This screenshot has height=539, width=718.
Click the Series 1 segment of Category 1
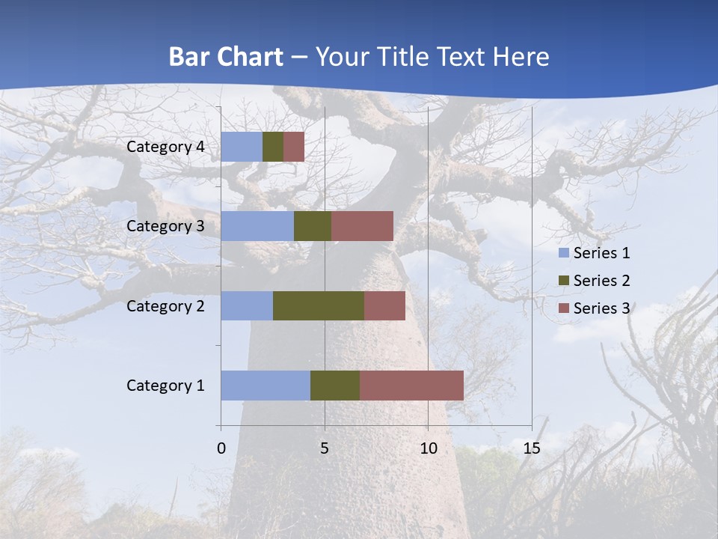click(x=266, y=386)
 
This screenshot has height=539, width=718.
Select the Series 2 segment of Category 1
click(x=335, y=386)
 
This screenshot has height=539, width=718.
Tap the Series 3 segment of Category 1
click(x=411, y=386)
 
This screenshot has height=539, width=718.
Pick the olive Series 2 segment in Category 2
click(x=319, y=305)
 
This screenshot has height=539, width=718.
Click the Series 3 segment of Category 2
click(x=384, y=305)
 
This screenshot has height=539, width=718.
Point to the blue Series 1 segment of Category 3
click(x=257, y=226)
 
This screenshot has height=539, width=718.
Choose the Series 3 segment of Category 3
click(x=362, y=226)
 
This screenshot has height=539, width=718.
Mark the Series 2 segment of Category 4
click(x=273, y=147)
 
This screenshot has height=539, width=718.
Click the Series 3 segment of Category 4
click(x=294, y=147)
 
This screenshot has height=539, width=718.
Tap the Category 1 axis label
click(x=165, y=386)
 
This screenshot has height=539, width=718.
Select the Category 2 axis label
click(x=165, y=305)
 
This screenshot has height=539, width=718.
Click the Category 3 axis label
click(x=165, y=226)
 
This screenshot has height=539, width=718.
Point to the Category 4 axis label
click(x=165, y=147)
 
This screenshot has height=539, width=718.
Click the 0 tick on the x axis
click(x=221, y=449)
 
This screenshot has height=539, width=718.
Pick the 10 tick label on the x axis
click(x=428, y=449)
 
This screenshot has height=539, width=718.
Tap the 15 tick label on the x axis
click(x=532, y=449)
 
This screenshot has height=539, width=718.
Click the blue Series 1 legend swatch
click(x=563, y=253)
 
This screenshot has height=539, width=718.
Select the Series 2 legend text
click(x=601, y=281)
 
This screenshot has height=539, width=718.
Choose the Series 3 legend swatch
click(x=563, y=308)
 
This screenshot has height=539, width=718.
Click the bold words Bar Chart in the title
click(x=226, y=57)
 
